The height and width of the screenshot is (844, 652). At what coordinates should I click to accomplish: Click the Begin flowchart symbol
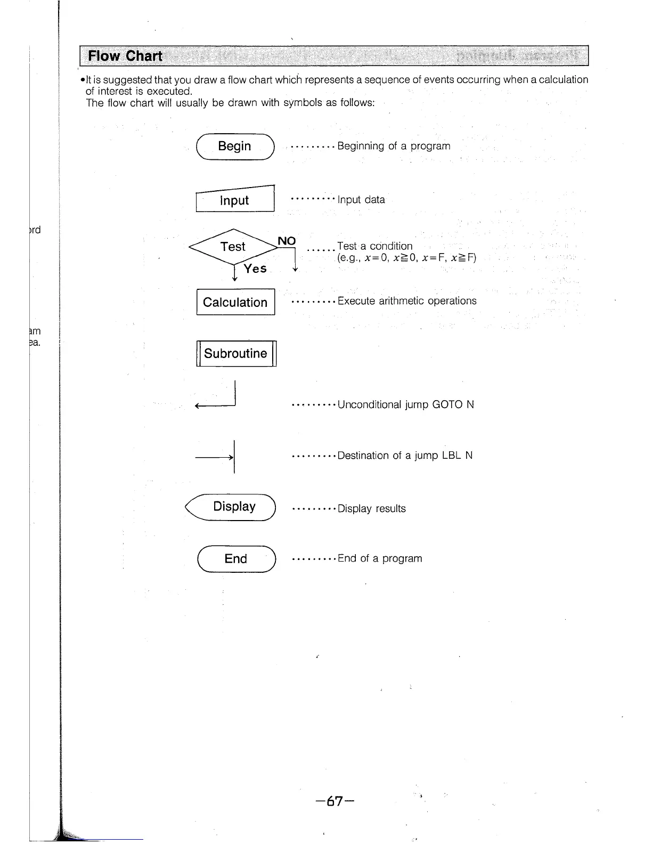pyautogui.click(x=235, y=147)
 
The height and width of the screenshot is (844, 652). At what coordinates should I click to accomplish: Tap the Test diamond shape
pyautogui.click(x=233, y=247)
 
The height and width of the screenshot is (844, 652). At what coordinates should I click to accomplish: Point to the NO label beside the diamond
pyautogui.click(x=287, y=241)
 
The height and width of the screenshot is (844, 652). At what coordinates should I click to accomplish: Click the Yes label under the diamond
pyautogui.click(x=255, y=269)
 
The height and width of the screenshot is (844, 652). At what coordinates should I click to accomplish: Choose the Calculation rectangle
pyautogui.click(x=235, y=302)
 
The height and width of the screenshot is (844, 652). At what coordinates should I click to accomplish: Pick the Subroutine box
pyautogui.click(x=236, y=353)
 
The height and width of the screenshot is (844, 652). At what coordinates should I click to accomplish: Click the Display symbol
pyautogui.click(x=233, y=507)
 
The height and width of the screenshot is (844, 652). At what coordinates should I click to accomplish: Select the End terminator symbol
pyautogui.click(x=236, y=559)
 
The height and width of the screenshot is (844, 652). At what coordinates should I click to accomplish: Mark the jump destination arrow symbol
pyautogui.click(x=218, y=457)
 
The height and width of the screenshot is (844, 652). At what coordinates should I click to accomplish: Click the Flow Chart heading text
pyautogui.click(x=125, y=56)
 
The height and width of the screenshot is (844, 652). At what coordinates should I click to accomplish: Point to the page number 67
pyautogui.click(x=335, y=801)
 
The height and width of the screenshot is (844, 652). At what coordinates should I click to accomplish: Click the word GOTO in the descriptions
pyautogui.click(x=447, y=404)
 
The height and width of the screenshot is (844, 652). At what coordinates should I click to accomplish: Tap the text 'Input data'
pyautogui.click(x=361, y=200)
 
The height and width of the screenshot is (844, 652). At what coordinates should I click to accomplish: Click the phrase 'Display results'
pyautogui.click(x=371, y=509)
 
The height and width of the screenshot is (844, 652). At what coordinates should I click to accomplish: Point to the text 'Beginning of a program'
pyautogui.click(x=394, y=146)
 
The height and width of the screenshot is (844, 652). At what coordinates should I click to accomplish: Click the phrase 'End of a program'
pyautogui.click(x=379, y=558)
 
